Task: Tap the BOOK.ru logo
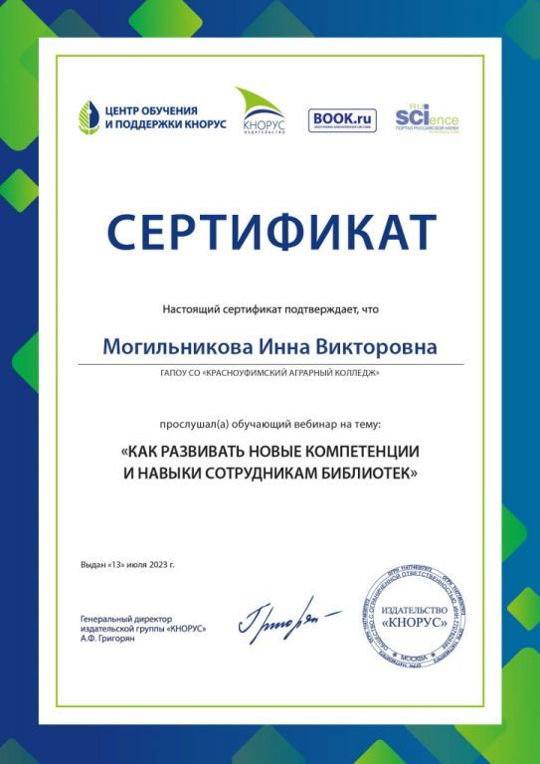pos(342,120)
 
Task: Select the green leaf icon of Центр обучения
pos(90,117)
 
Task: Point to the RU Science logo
pos(427,119)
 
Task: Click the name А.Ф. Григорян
pos(107,639)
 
